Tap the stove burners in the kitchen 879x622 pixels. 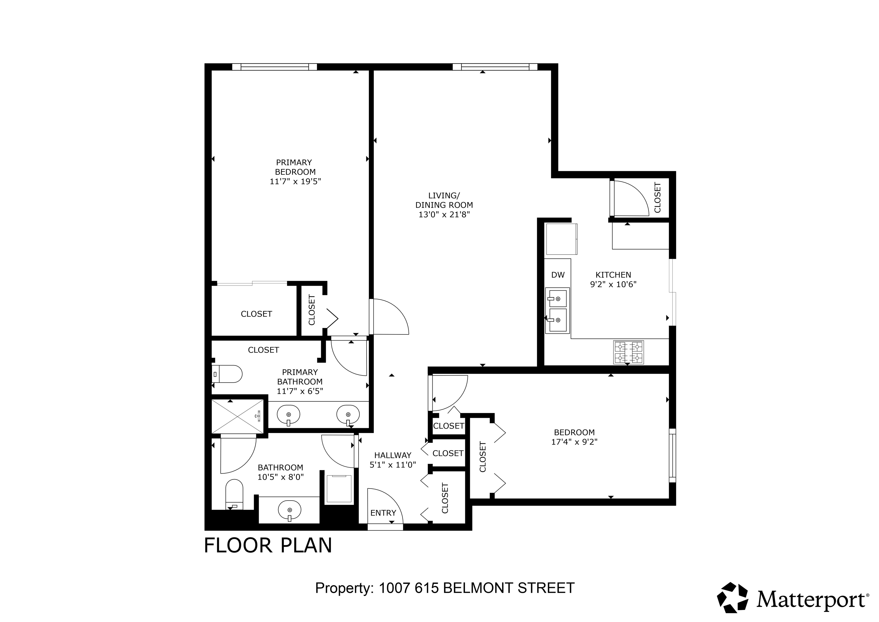[x=628, y=352]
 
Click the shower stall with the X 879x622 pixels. [x=237, y=416]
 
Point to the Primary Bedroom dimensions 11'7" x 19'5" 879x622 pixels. [x=295, y=181]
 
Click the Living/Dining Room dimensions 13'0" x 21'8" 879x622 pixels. [x=444, y=214]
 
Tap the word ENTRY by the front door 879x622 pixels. [x=383, y=513]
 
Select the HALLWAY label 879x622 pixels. [x=393, y=455]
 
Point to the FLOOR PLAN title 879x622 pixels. [x=268, y=545]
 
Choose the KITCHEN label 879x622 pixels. [x=613, y=275]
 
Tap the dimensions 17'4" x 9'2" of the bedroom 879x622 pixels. [x=574, y=442]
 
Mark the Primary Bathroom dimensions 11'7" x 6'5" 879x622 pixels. [x=300, y=391]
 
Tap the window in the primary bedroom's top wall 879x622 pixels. [x=274, y=67]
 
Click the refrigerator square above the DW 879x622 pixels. [x=561, y=239]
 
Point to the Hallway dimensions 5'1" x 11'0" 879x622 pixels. [x=393, y=465]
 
